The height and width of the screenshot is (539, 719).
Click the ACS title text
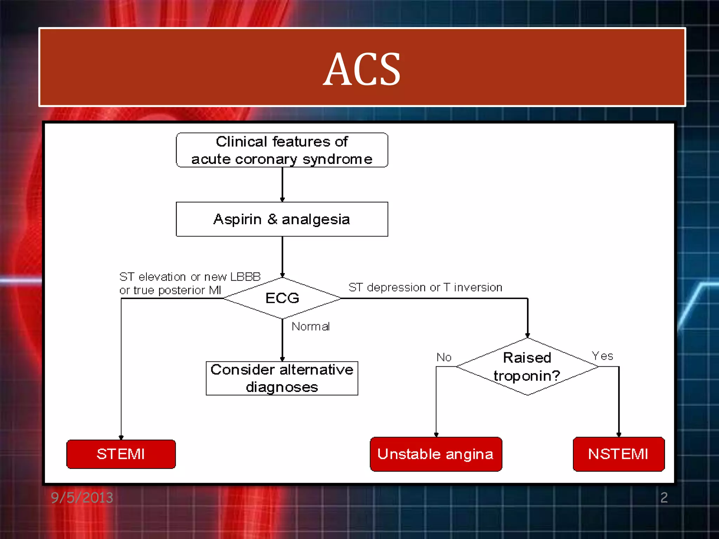(362, 69)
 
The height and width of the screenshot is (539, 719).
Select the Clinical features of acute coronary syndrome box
(282, 150)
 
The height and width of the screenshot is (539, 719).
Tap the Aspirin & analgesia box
(282, 219)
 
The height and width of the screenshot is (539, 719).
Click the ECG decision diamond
(282, 298)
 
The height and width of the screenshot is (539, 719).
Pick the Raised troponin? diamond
(527, 367)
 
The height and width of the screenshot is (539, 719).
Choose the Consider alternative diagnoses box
(282, 378)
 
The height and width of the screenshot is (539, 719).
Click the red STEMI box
(121, 454)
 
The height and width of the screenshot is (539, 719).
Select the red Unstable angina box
(436, 454)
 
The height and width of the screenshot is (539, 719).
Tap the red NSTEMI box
(618, 454)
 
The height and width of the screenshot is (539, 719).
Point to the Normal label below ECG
(311, 327)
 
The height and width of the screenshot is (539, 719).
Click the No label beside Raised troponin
(444, 357)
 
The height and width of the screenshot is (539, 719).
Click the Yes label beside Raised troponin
(602, 356)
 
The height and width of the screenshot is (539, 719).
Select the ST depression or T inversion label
(425, 287)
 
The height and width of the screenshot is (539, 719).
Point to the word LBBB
(245, 277)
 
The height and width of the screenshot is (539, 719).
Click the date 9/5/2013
(82, 498)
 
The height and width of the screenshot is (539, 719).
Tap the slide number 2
(664, 498)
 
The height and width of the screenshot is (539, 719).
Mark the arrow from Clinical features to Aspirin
(282, 184)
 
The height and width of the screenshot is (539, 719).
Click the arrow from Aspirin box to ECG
(282, 257)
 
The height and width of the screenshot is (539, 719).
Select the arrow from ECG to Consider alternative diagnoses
(282, 340)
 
